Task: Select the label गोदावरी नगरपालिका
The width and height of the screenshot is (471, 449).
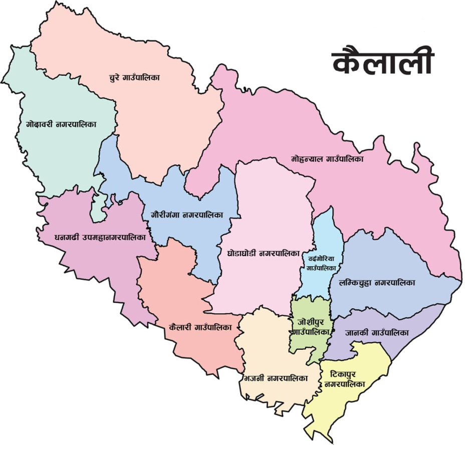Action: click(61, 123)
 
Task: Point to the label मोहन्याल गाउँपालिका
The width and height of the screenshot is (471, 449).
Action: click(327, 159)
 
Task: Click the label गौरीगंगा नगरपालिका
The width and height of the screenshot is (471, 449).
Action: click(186, 214)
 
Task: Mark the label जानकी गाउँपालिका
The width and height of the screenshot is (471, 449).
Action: click(377, 332)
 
